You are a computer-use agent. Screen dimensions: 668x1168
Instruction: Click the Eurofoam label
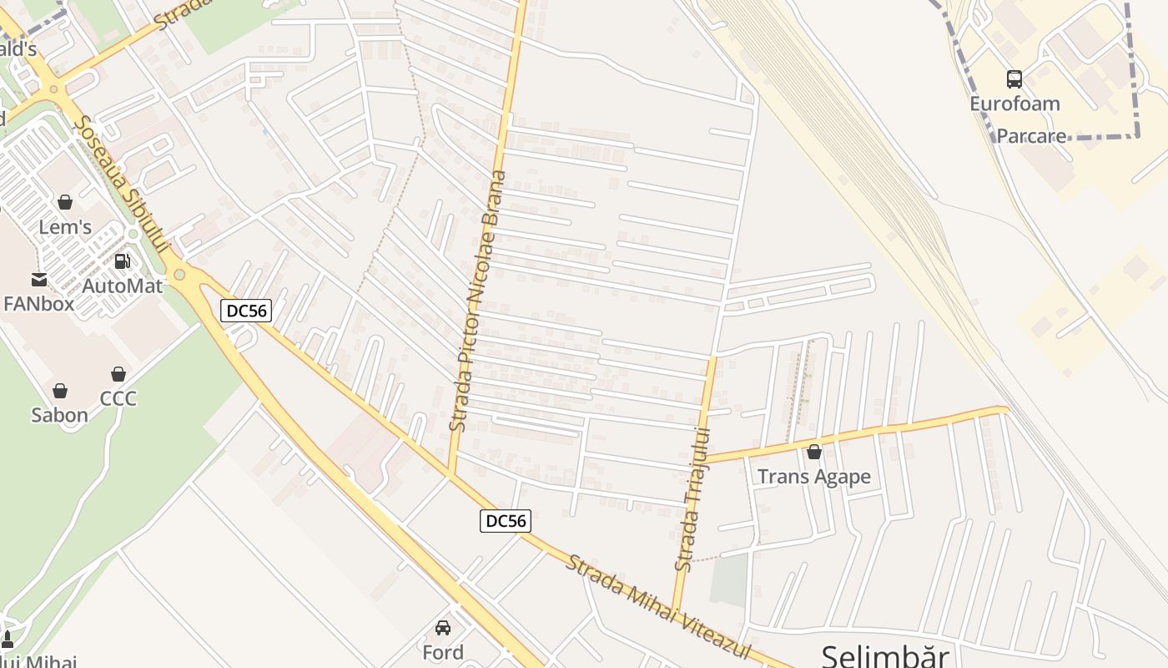click(1014, 104)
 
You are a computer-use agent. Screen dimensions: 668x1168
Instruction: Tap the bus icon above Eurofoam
click(1014, 79)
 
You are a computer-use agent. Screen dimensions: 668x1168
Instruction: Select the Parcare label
click(1032, 136)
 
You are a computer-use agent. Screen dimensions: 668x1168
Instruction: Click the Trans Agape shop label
click(813, 477)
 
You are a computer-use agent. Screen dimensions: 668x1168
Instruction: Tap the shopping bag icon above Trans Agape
click(814, 453)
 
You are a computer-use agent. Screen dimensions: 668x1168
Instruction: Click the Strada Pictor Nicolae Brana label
click(478, 301)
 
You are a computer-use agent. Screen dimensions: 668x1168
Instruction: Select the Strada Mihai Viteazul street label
click(658, 607)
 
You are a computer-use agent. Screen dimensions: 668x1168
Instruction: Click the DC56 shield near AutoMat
click(246, 311)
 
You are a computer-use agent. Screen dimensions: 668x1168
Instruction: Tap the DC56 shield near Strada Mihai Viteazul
click(506, 521)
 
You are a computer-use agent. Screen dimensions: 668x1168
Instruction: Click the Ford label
click(443, 652)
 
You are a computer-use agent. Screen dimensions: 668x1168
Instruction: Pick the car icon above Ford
click(443, 628)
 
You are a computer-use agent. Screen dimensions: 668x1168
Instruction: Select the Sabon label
click(59, 415)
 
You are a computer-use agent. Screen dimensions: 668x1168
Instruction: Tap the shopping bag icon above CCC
click(118, 374)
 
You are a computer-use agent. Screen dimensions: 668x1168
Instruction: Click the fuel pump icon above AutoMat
click(123, 261)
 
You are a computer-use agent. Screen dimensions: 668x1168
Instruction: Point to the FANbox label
click(39, 303)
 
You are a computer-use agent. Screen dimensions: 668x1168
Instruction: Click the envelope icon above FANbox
click(39, 279)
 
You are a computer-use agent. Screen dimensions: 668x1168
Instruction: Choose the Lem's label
click(65, 227)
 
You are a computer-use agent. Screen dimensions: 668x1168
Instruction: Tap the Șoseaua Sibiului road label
click(121, 185)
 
